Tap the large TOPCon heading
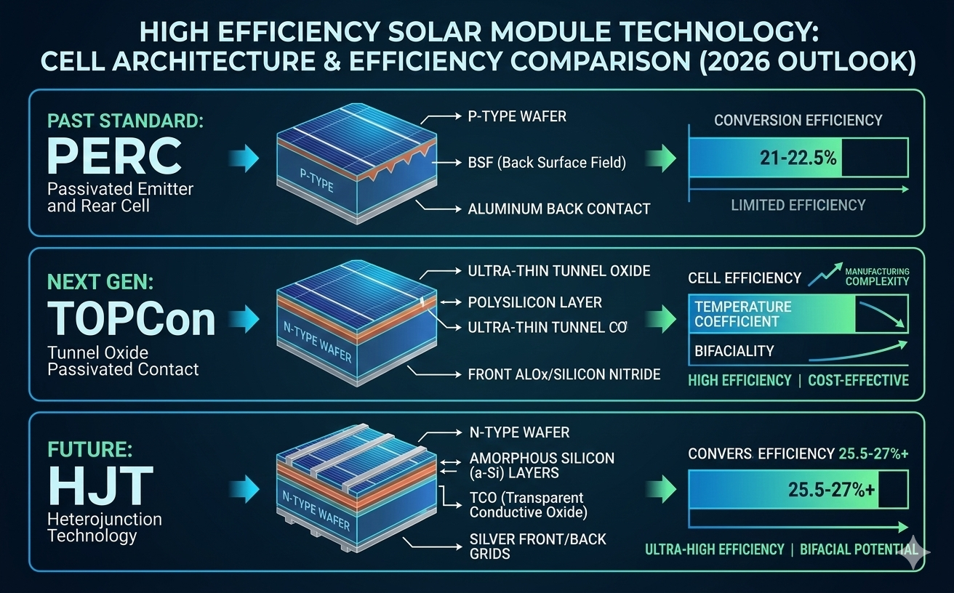(132, 317)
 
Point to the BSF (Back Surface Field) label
(546, 162)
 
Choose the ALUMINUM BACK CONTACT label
(558, 209)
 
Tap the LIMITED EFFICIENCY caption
(798, 205)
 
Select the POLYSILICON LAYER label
(534, 302)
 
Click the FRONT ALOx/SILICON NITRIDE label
(564, 374)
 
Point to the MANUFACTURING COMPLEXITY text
(877, 276)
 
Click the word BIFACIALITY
(734, 351)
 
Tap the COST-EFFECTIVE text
(858, 380)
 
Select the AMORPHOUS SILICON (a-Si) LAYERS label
(542, 465)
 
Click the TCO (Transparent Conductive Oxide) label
(526, 504)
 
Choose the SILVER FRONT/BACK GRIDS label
(537, 546)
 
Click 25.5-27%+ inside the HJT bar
(832, 490)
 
